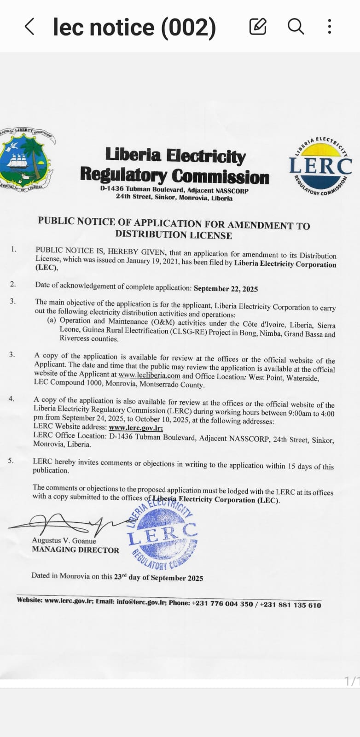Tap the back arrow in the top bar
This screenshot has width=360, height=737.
click(29, 27)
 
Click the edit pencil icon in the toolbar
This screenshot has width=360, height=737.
click(258, 27)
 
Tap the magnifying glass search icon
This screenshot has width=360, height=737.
click(296, 27)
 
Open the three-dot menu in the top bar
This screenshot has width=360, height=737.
click(330, 27)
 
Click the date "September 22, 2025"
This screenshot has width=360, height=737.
click(226, 289)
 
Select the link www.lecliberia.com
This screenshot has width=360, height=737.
click(149, 376)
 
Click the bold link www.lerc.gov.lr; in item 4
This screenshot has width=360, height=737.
click(136, 428)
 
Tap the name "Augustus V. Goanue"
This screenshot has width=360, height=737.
click(64, 541)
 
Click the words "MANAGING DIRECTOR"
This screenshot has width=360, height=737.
click(75, 550)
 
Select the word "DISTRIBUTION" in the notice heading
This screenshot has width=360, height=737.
click(144, 234)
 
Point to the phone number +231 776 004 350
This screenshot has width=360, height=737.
click(222, 603)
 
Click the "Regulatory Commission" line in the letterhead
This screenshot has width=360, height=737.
click(174, 176)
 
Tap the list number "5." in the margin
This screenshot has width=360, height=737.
click(11, 460)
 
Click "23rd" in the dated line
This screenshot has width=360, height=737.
click(121, 576)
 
